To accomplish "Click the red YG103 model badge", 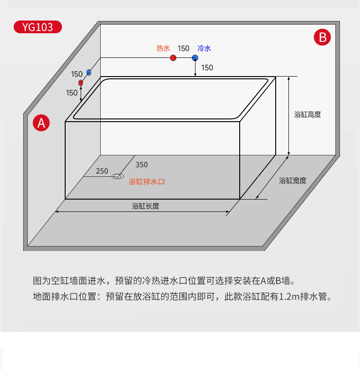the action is click(37, 27).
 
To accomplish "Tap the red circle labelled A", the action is click(41, 123).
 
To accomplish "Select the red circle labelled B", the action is click(322, 37).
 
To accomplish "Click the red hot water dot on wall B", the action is click(173, 58).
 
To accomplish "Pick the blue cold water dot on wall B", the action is click(195, 58).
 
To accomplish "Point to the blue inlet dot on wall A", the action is click(89, 72).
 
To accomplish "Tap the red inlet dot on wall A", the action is click(81, 83).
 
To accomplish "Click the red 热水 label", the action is click(163, 48).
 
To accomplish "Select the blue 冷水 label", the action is click(204, 48).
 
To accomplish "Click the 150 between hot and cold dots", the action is click(184, 48).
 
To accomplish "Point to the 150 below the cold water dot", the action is click(207, 68).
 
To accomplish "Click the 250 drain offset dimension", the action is click(102, 171).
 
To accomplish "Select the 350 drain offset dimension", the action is click(142, 164).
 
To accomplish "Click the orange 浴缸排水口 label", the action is click(147, 181).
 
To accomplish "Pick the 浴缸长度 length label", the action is click(145, 206).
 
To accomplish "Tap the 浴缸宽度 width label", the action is click(293, 181).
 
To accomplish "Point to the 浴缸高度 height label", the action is click(308, 115).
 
